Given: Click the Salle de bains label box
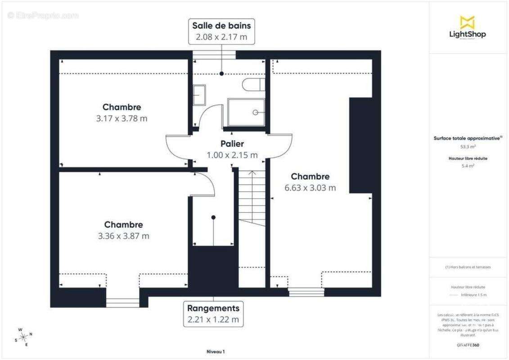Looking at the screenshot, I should click(221, 31).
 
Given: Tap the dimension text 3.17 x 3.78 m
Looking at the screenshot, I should click(122, 119).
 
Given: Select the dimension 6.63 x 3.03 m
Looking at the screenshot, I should click(310, 188).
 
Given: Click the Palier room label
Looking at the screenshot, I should click(232, 144).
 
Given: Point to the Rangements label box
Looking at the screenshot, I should click(213, 314).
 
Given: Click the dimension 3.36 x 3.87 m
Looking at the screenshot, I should click(123, 236).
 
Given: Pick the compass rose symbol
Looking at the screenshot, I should click(23, 337).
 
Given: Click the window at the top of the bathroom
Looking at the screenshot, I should click(214, 55).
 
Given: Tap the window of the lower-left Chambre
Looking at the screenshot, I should click(122, 302).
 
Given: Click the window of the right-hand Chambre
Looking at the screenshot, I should click(306, 292).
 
